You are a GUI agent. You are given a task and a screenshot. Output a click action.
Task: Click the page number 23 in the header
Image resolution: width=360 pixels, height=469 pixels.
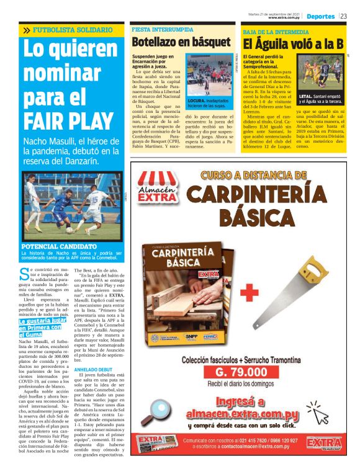pyautogui.click(x=343, y=16)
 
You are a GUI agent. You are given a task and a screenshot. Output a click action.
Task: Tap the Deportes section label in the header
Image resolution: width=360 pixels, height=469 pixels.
pyautogui.click(x=321, y=16)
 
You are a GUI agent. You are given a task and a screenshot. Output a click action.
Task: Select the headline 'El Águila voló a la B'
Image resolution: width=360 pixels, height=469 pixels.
pyautogui.click(x=293, y=43)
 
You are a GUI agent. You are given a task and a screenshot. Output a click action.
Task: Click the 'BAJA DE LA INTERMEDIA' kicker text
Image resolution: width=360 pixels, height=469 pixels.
pyautogui.click(x=271, y=31)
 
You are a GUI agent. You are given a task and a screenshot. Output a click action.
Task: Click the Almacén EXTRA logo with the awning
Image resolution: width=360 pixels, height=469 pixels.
pyautogui.click(x=158, y=188)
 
